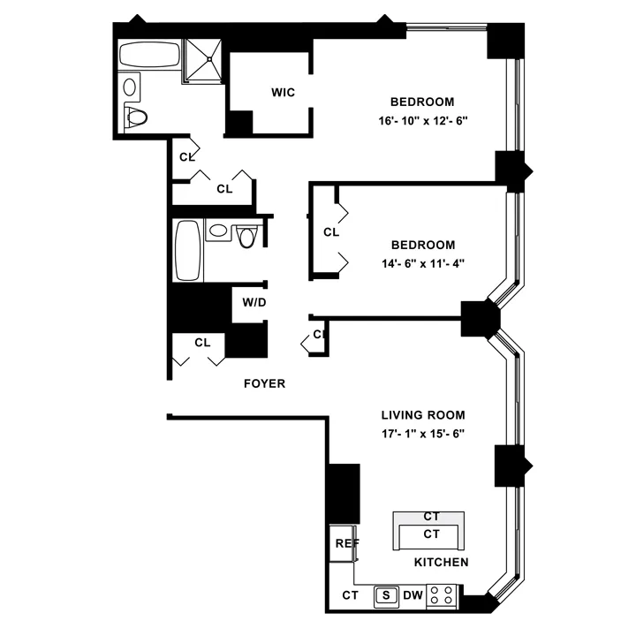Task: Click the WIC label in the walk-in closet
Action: point(283,93)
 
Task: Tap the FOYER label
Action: point(264,383)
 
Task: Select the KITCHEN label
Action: point(441,562)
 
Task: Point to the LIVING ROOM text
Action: point(423,414)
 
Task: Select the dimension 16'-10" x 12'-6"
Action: point(424,119)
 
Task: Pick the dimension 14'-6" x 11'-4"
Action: point(424,262)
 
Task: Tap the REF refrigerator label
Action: point(344,543)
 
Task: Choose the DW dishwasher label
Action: point(413,595)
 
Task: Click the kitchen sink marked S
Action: point(386,595)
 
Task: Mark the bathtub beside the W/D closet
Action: point(188,250)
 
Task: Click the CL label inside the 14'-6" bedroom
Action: point(331,232)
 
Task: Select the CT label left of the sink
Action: point(351,595)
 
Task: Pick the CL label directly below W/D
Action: point(202,342)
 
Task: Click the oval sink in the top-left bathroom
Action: point(131,87)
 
